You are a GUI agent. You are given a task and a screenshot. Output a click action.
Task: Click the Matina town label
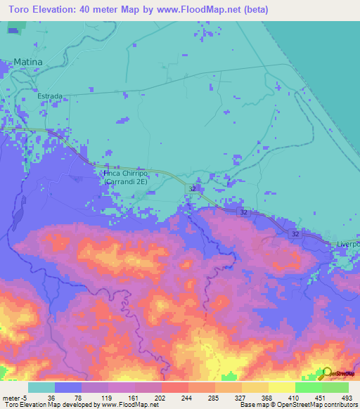pyautogui.click(x=28, y=62)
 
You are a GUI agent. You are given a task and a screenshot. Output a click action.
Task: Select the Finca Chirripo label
pyautogui.click(x=125, y=173)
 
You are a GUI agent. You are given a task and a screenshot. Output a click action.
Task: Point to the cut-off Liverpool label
pyautogui.click(x=348, y=244)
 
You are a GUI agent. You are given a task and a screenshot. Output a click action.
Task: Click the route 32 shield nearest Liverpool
pyautogui.click(x=295, y=233)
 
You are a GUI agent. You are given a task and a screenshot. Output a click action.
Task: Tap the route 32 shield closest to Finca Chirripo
pyautogui.click(x=192, y=189)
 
